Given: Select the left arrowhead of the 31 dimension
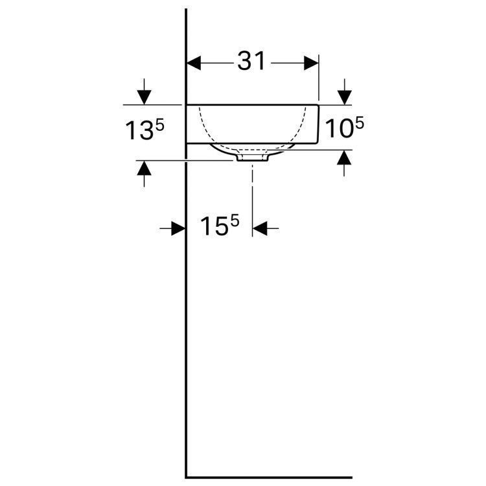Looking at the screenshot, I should point(195,63).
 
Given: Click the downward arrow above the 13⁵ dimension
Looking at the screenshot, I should point(144,95).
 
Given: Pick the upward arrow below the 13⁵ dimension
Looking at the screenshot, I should point(144,169).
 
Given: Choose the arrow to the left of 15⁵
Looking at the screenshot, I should point(178,228).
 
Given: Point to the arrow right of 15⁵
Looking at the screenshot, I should point(260,228).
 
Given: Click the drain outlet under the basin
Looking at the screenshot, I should point(253,156).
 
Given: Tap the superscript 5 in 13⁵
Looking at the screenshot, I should point(160,125).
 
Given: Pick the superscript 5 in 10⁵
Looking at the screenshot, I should point(359,122).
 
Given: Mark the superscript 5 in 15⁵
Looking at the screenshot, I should point(234,221).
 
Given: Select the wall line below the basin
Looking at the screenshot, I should point(187,324).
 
